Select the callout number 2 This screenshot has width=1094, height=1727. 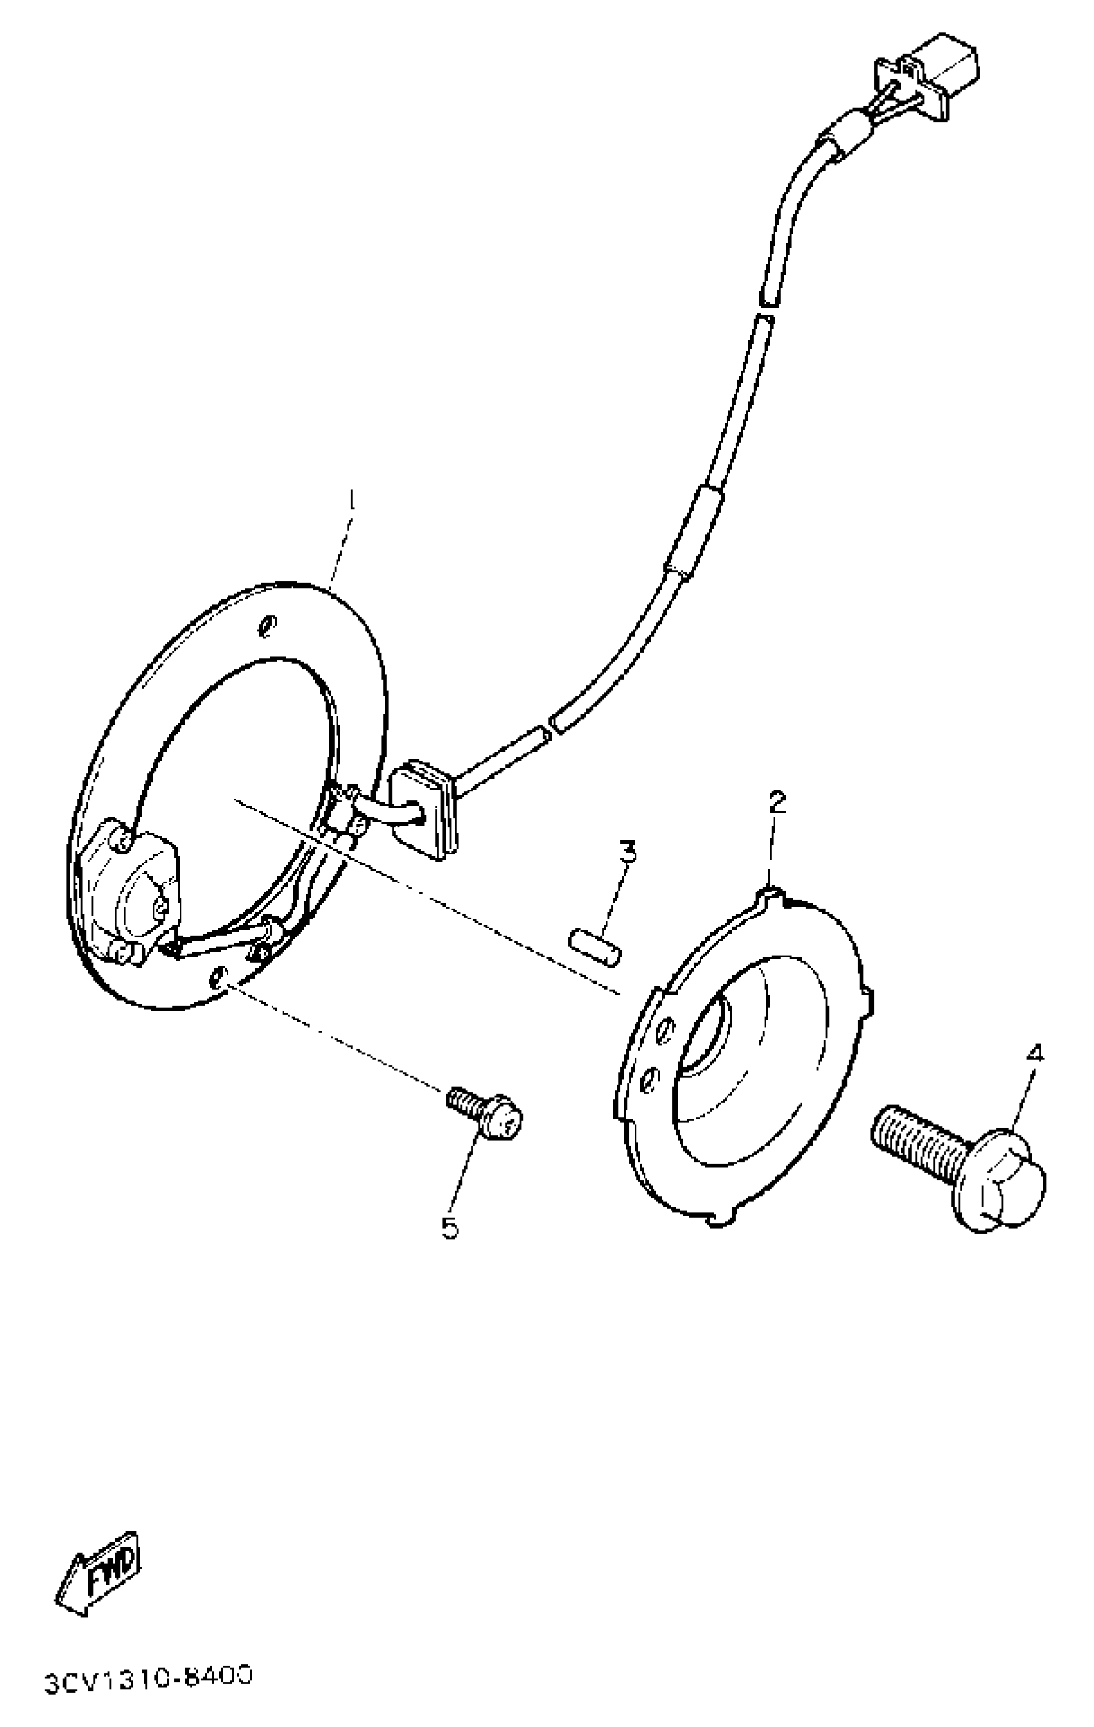777,802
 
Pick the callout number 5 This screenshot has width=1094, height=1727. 450,1227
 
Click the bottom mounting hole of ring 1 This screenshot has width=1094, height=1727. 218,977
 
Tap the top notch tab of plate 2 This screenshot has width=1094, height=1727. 769,893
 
